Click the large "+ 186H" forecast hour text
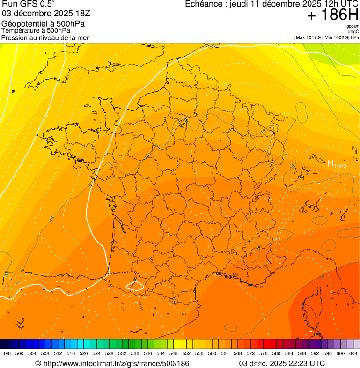tap(332, 15)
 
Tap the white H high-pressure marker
tap(331, 163)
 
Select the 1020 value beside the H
tap(340, 166)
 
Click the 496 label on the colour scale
tap(7, 353)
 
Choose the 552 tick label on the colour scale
tap(186, 353)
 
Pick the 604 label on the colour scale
tap(353, 353)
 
